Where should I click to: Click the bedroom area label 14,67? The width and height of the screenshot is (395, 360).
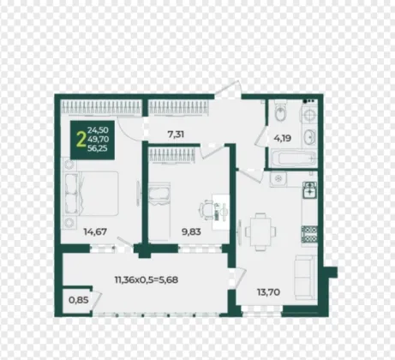click(95, 231)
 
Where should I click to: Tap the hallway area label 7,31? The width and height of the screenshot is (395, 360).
click(176, 134)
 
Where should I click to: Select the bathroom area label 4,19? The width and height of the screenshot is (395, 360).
click(283, 138)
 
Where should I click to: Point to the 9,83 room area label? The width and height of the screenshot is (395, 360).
click(191, 231)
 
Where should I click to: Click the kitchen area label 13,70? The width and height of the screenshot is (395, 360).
click(268, 292)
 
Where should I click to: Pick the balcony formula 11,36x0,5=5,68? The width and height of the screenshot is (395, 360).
click(147, 279)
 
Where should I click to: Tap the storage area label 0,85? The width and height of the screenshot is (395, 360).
click(79, 300)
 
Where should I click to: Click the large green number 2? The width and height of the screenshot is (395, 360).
click(81, 140)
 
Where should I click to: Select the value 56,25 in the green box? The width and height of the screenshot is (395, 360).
click(98, 148)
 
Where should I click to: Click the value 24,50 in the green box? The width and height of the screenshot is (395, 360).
click(98, 130)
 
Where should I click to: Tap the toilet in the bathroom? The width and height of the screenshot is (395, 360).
click(280, 111)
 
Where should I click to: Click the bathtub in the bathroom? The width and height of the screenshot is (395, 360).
click(293, 158)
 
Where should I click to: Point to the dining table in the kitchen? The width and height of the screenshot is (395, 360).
click(260, 231)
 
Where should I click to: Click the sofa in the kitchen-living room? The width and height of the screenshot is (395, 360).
click(306, 277)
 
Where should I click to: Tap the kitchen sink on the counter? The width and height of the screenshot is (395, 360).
click(309, 189)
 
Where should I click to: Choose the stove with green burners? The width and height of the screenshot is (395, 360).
click(309, 234)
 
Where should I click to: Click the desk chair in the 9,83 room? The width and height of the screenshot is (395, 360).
click(206, 210)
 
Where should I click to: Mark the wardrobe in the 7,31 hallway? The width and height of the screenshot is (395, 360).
click(179, 108)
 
